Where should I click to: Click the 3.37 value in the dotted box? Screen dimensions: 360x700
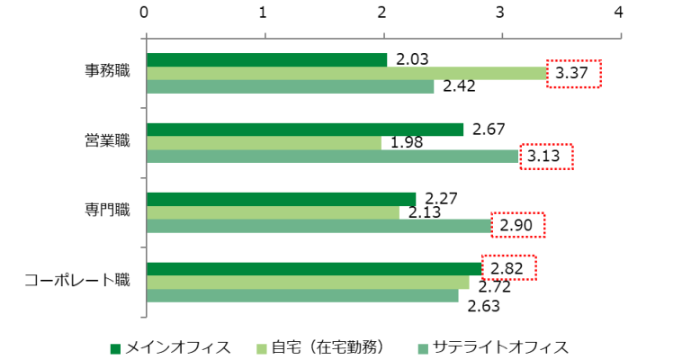[573, 74]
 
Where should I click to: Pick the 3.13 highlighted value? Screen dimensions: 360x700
[544, 157]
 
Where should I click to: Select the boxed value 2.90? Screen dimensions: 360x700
[516, 225]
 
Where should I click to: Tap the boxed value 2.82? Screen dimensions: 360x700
[508, 268]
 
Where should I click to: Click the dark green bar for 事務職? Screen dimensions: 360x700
[265, 59]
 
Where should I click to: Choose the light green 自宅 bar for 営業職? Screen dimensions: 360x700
[263, 143]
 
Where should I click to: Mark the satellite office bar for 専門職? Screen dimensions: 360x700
[318, 226]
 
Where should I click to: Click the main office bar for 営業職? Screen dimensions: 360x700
[304, 130]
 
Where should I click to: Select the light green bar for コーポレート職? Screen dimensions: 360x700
[307, 283]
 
